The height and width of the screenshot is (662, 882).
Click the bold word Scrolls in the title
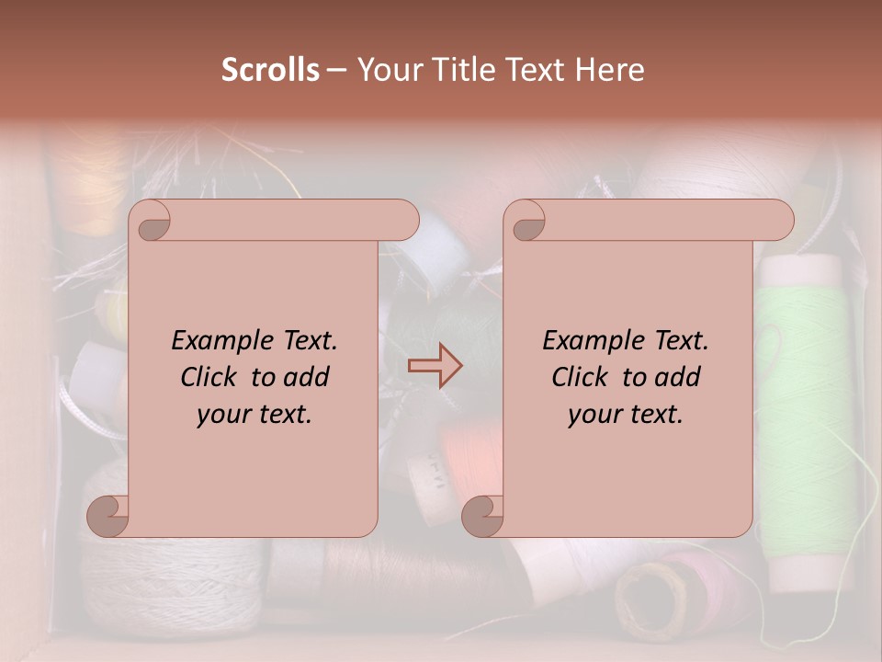click(271, 70)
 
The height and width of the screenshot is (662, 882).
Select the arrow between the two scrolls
click(435, 366)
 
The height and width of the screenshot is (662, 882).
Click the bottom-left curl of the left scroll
click(108, 515)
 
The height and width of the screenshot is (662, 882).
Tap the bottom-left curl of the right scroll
click(483, 515)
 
